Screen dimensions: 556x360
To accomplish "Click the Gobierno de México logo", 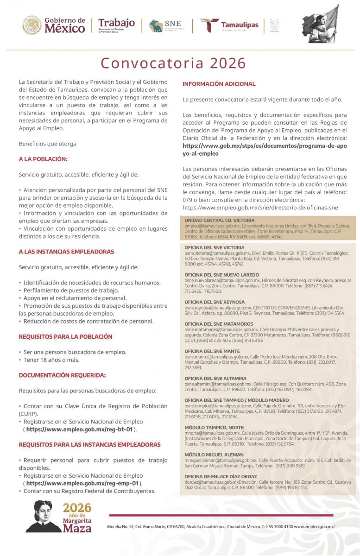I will (54, 25).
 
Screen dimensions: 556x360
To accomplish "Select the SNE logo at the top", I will (165, 25).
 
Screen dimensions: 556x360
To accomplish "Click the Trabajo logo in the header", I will (116, 25).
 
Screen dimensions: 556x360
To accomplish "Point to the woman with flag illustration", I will (321, 25).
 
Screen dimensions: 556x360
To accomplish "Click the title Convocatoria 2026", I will (173, 63).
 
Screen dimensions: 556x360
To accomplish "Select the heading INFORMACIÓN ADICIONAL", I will (219, 84).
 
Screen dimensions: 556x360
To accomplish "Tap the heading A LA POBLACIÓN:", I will (43, 159).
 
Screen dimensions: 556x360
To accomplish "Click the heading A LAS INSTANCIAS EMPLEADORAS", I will (66, 252).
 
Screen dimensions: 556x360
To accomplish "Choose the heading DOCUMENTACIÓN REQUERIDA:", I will (62, 375).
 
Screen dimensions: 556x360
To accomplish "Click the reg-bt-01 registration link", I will (79, 430).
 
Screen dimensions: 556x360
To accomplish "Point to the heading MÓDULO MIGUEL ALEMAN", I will (214, 455).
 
